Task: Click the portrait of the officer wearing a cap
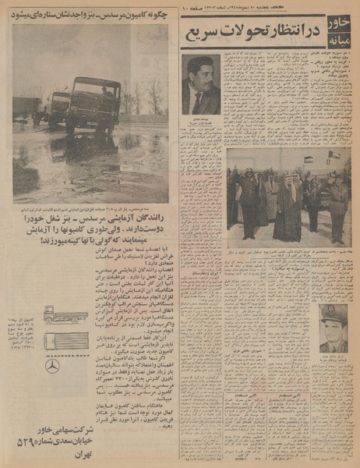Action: point(333,328)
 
